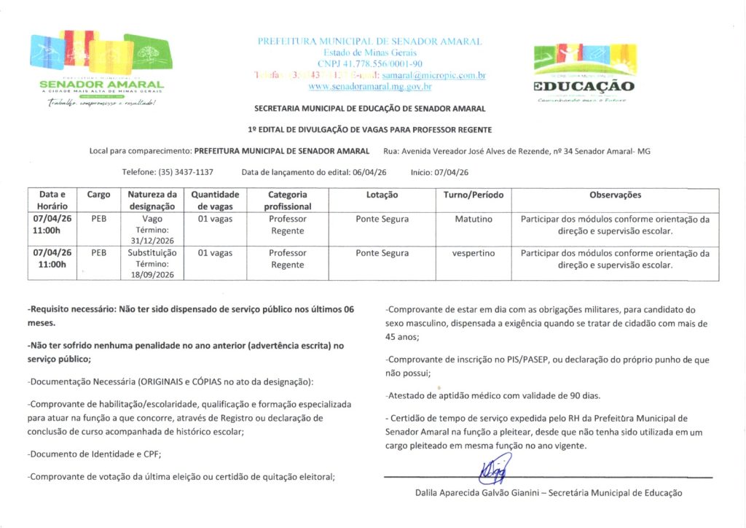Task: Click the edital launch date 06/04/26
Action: (x=369, y=172)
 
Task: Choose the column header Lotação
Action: (x=382, y=195)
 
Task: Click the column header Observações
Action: (x=615, y=195)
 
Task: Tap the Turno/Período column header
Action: (x=474, y=195)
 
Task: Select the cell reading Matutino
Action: (x=474, y=219)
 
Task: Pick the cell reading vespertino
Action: (x=474, y=253)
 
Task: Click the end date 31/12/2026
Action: (x=152, y=240)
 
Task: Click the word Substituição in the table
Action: (x=152, y=253)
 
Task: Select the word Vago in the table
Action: (x=152, y=219)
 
